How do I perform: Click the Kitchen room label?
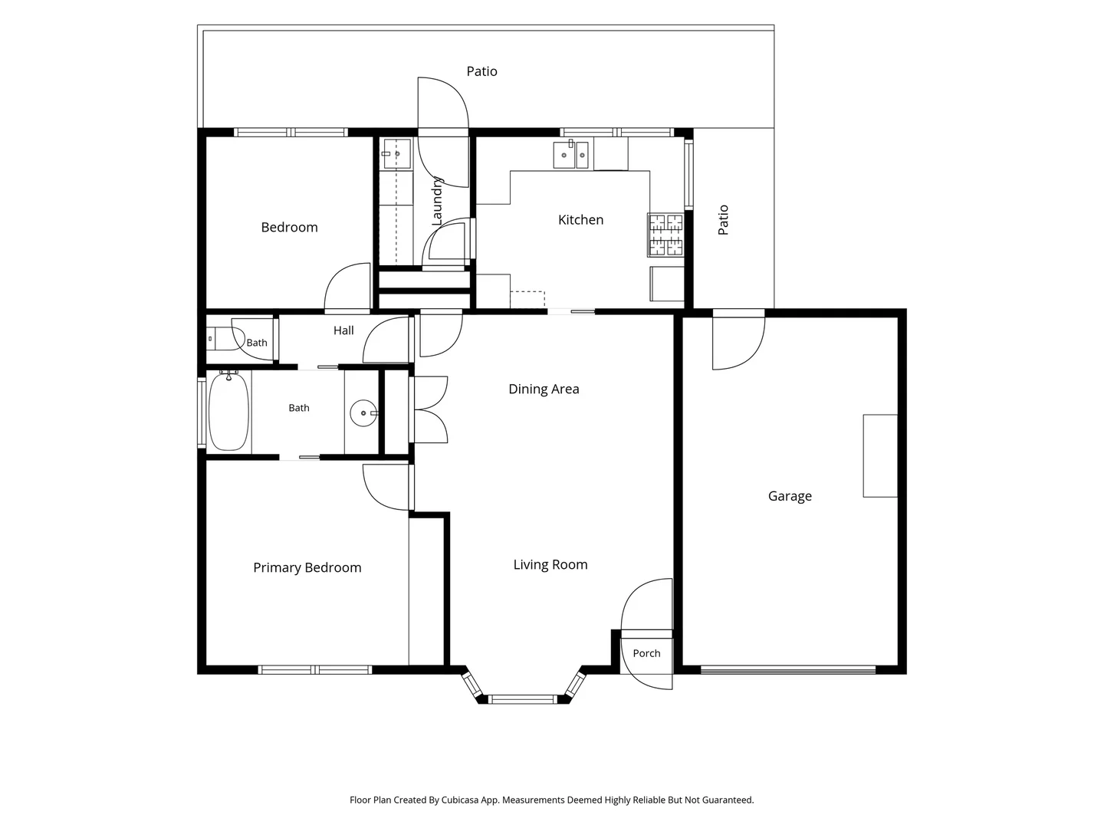coord(580,220)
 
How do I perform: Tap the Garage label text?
coord(790,496)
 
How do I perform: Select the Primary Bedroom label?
coord(307,567)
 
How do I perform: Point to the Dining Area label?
coord(544,389)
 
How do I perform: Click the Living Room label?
coord(550,564)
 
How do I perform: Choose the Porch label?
coord(646,653)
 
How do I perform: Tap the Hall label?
coord(343,330)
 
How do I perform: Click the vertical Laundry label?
coord(436,201)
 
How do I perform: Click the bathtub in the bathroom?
coord(228,411)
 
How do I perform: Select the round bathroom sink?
coord(363,413)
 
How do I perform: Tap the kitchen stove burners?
coord(665,235)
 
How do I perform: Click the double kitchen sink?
coord(571,154)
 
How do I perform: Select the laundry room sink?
coord(397,154)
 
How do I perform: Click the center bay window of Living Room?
coord(523,699)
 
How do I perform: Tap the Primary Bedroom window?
coord(315,669)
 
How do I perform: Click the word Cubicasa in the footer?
coord(460,800)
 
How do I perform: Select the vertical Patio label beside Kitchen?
coord(723,220)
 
